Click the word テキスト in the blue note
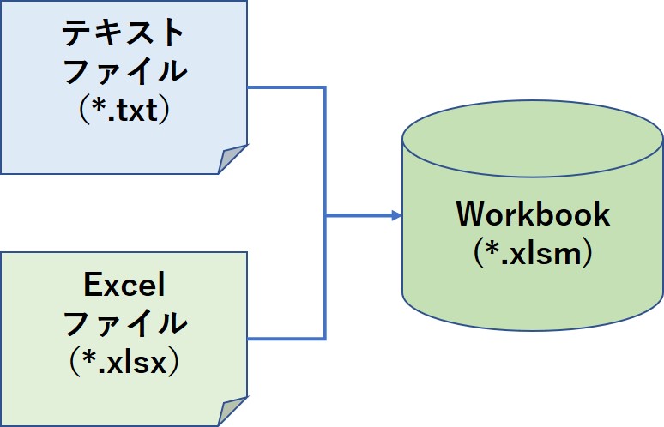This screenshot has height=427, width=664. tap(123, 33)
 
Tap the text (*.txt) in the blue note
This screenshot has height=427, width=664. tap(124, 110)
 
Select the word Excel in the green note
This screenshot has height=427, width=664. tap(124, 285)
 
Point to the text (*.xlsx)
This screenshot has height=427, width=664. tap(124, 362)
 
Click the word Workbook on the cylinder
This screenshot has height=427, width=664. tap(533, 214)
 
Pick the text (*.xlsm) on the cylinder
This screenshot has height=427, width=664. tap(533, 253)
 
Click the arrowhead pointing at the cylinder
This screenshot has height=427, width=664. tap(396, 215)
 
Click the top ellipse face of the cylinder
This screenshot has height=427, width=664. tap(532, 139)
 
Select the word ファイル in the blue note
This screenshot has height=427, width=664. tap(125, 71)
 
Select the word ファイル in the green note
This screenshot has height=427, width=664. tap(125, 323)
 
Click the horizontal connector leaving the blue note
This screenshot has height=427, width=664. tap(287, 87)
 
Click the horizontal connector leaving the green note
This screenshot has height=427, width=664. tap(287, 339)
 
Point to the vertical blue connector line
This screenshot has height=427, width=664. tap(325, 213)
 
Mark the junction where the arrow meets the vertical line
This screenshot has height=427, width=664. tap(325, 215)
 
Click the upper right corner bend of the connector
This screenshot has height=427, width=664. tap(325, 87)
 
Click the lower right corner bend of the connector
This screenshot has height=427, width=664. tap(325, 339)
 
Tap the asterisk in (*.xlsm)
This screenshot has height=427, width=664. tap(492, 248)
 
